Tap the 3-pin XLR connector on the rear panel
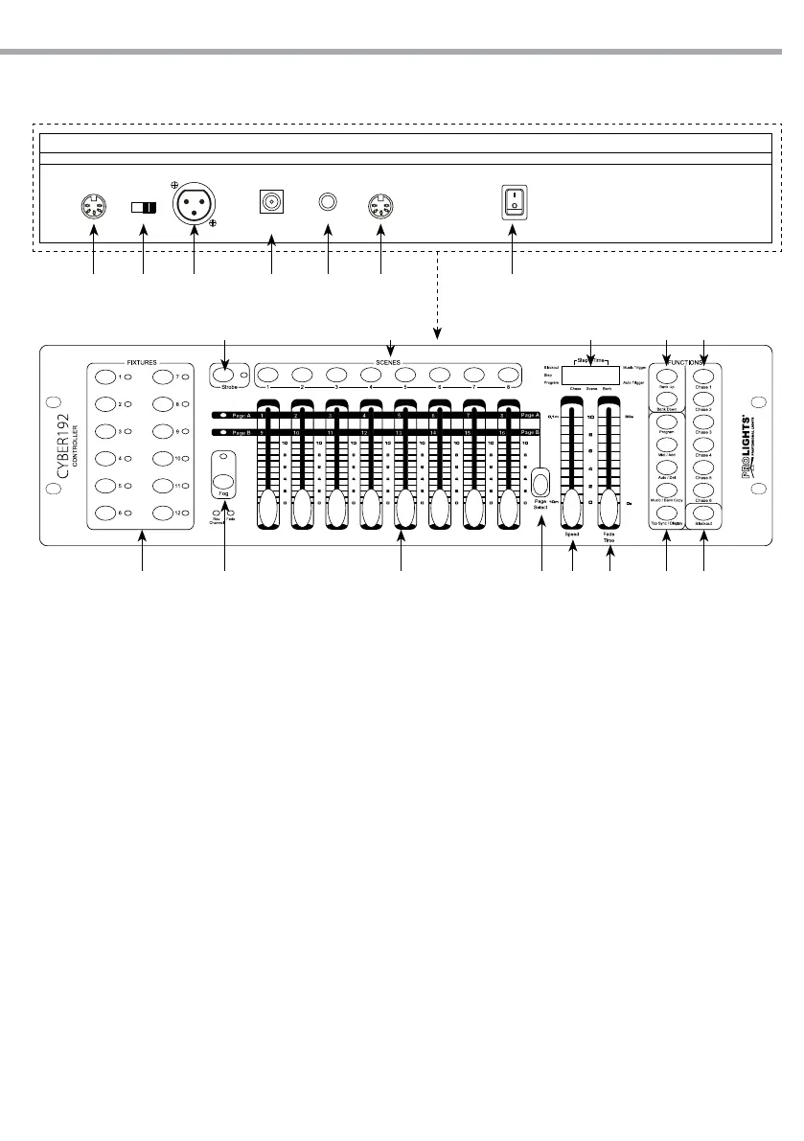[x=194, y=205]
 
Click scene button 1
[x=268, y=375]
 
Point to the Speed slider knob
[x=573, y=505]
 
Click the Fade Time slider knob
[x=609, y=505]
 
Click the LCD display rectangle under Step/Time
[x=589, y=374]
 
